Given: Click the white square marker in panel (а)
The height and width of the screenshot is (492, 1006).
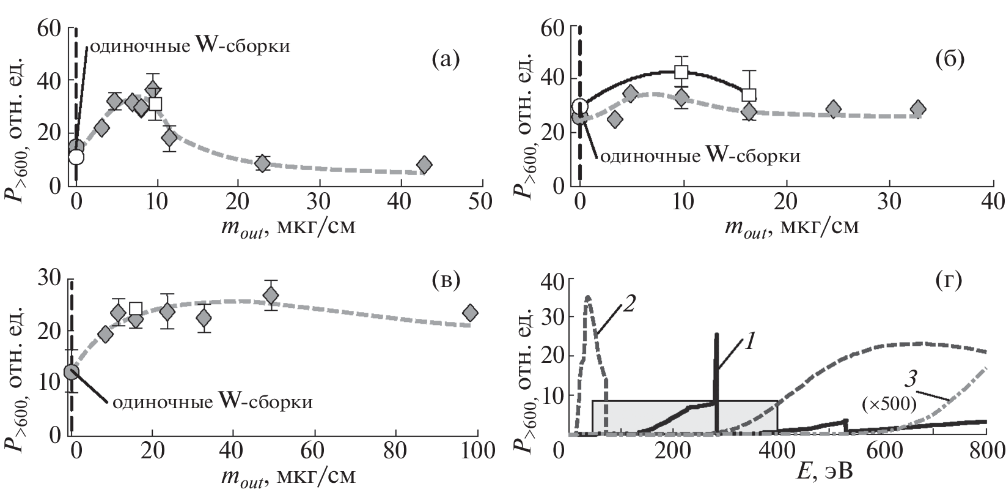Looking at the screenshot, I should (x=155, y=103).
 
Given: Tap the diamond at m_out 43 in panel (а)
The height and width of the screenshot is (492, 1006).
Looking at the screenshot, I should (x=424, y=165).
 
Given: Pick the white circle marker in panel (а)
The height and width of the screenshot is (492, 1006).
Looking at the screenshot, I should (x=76, y=157).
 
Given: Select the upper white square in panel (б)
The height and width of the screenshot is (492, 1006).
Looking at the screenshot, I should (x=681, y=72).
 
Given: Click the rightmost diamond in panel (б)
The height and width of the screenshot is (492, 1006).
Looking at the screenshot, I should (x=917, y=109).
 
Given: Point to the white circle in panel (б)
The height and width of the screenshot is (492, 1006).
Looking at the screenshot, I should (x=580, y=106).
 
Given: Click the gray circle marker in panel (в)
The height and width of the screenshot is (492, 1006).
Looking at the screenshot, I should (x=72, y=371).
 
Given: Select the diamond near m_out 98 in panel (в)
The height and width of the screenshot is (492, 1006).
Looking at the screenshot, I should (x=470, y=313).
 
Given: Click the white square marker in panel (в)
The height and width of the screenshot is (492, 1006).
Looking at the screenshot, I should (x=136, y=308).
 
